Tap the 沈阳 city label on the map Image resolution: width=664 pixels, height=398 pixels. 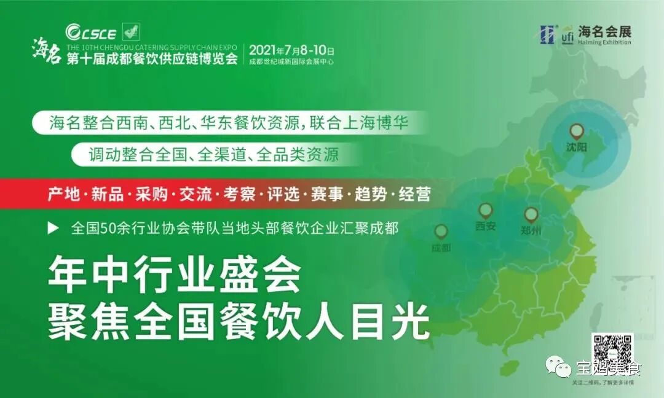pos(577,147)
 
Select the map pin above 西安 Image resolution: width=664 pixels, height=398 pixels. pos(486,211)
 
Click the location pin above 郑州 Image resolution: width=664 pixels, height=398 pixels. pos(531,215)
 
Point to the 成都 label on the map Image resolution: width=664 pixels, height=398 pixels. pos(441,248)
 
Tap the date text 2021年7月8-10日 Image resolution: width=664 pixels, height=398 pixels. pos(291,50)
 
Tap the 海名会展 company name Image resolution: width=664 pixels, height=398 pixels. pos(604,31)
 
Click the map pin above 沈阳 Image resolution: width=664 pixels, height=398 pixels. pos(577,130)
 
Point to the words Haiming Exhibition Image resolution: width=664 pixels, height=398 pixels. pos(604,43)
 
